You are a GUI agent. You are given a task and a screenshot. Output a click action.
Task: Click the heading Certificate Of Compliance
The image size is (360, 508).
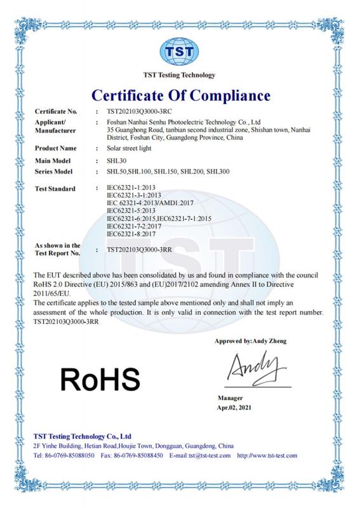click(x=180, y=96)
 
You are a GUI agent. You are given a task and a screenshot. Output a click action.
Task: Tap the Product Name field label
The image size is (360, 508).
click(x=53, y=149)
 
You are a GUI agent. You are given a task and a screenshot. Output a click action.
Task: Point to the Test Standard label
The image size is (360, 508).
click(x=54, y=189)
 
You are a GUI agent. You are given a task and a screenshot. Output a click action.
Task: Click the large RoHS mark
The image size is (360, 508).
click(x=99, y=378)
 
